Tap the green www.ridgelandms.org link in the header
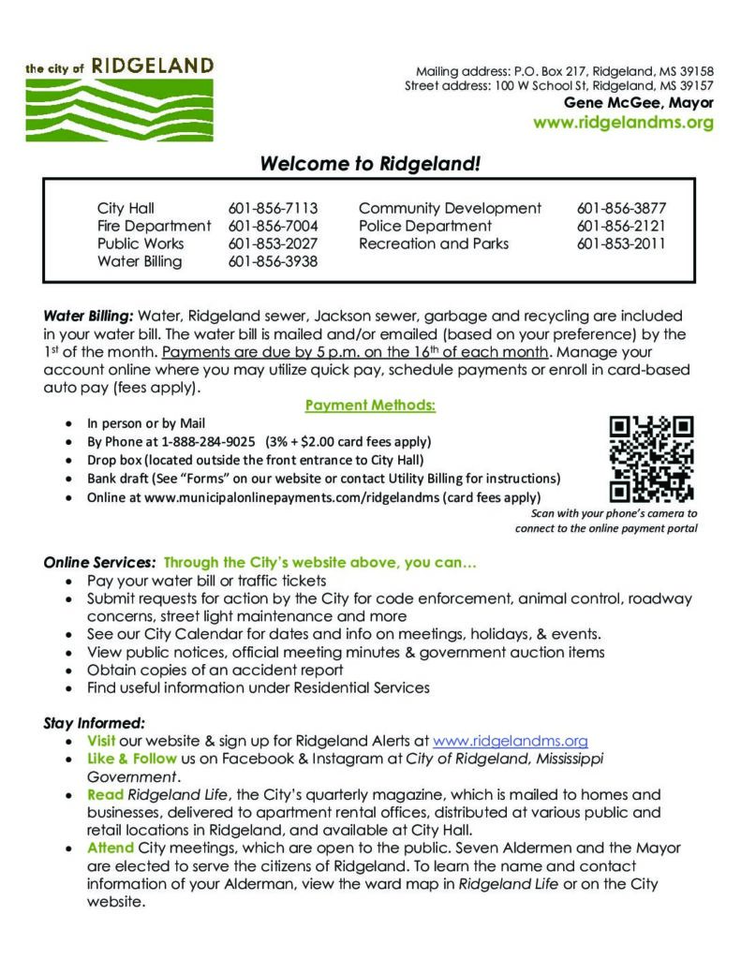623,123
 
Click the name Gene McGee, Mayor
638,103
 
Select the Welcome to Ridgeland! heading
370,164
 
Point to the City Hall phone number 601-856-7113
273,208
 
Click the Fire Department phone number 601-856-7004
273,226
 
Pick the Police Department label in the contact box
424,226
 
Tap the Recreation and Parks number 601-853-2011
621,243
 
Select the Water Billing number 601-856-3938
273,261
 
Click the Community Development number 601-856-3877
621,208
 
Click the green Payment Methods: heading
370,406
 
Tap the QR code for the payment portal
651,459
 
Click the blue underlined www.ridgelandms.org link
510,740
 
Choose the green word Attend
111,848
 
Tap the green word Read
106,794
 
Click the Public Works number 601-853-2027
273,243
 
